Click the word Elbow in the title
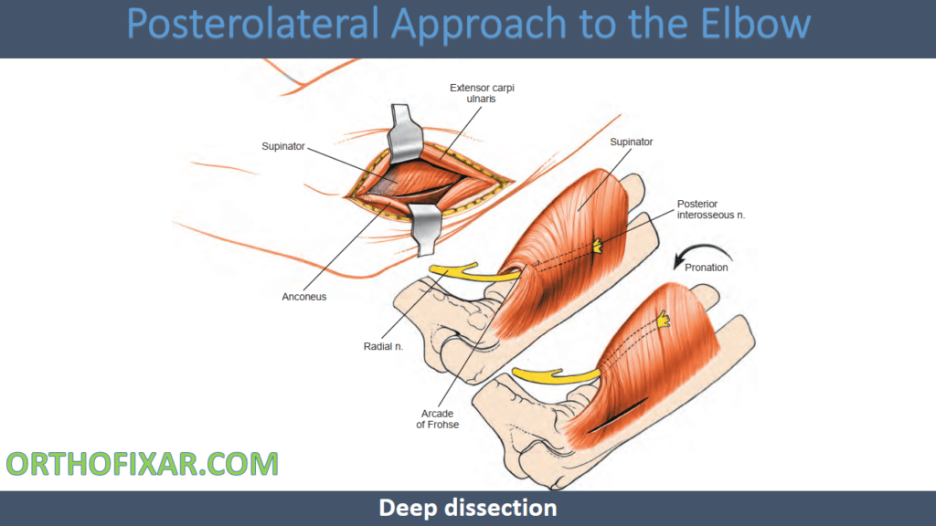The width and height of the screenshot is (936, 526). point(755,23)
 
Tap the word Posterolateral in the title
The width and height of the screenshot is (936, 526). point(252,23)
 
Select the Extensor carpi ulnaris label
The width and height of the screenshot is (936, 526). point(482,93)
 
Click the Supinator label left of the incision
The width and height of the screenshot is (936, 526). point(283,146)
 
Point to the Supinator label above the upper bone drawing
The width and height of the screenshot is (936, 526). point(631,142)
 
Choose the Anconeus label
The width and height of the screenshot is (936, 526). point(303,297)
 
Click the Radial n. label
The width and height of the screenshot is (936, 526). point(383,346)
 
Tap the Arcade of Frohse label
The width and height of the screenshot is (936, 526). point(438,418)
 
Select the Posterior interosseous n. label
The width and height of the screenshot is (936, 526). point(711,209)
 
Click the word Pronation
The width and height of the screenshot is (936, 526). point(707,268)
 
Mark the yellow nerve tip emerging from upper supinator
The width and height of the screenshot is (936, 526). point(597,246)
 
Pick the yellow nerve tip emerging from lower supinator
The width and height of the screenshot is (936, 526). point(664,320)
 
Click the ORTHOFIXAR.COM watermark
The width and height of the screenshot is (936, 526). point(142,464)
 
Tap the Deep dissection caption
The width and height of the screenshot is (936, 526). point(468,508)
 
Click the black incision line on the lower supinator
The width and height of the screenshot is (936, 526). point(617,416)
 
